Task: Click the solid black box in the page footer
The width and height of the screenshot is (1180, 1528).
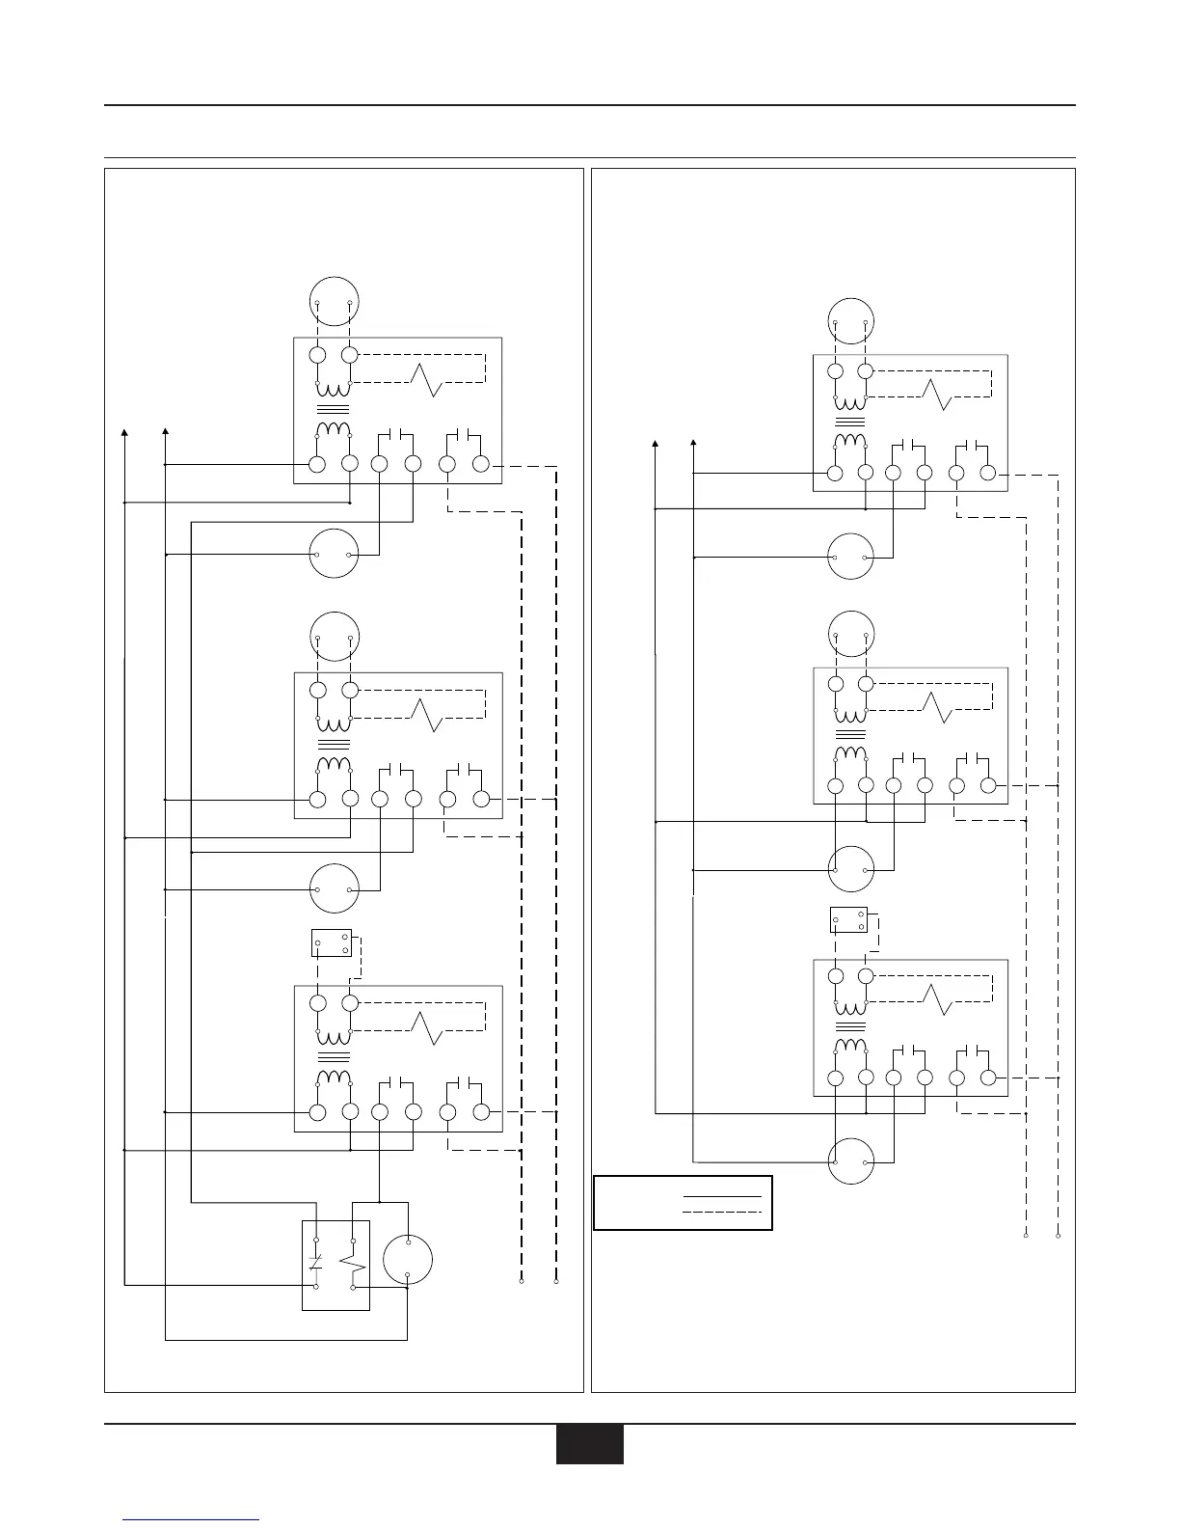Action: (589, 1444)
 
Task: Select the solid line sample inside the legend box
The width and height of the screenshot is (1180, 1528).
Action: (722, 1196)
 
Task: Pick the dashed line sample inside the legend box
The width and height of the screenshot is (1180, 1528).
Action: (722, 1211)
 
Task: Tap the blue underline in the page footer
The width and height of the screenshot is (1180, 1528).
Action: (192, 1519)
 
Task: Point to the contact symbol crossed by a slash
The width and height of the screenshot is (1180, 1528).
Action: (317, 1262)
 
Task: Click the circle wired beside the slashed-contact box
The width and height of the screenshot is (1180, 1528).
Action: (407, 1261)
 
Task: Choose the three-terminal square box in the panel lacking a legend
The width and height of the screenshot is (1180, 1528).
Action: (331, 942)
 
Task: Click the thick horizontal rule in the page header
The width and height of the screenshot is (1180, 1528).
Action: (589, 105)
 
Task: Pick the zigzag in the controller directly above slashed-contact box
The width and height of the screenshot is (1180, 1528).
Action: (426, 1029)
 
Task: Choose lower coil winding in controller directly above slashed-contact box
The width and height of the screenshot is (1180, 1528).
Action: (334, 1078)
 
